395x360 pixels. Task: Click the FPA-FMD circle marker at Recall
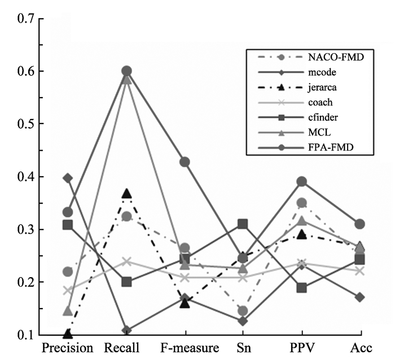tap(126, 71)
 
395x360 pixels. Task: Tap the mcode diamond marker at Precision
tap(68, 178)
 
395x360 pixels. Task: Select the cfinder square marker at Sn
tap(243, 224)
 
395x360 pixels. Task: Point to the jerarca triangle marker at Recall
tap(126, 194)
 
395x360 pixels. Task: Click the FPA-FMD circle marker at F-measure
tap(185, 162)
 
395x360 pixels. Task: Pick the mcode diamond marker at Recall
tap(126, 331)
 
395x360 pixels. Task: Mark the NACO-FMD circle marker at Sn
tap(243, 311)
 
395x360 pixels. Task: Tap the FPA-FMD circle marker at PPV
tap(302, 182)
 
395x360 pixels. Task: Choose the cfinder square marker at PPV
tap(302, 288)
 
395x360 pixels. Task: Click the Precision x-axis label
tap(68, 348)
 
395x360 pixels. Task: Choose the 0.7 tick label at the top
tap(26, 19)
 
